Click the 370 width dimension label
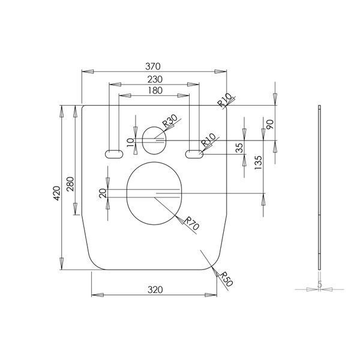tap(152, 67)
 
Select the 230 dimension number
tap(155, 79)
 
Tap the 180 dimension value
tap(155, 91)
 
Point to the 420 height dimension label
tap(57, 193)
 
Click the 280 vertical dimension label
tap(70, 184)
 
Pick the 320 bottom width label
tap(155, 290)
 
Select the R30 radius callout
tap(170, 121)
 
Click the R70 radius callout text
tap(192, 223)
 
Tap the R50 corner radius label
tap(227, 279)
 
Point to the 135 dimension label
tap(258, 163)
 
